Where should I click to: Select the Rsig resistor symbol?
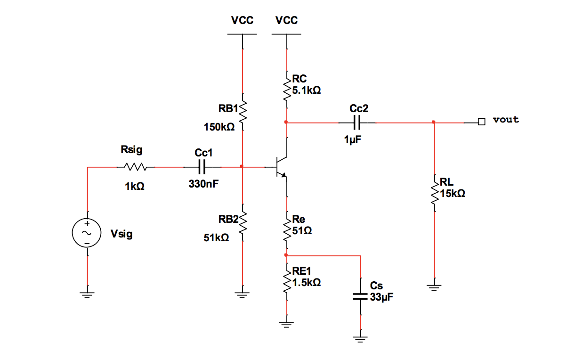135,167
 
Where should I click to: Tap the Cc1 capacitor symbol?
203,167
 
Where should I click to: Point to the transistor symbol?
282,167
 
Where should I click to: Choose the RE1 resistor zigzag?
286,279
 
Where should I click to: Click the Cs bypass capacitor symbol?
360,297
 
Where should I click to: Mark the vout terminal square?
481,122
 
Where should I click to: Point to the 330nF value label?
203,184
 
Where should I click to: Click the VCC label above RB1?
242,20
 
